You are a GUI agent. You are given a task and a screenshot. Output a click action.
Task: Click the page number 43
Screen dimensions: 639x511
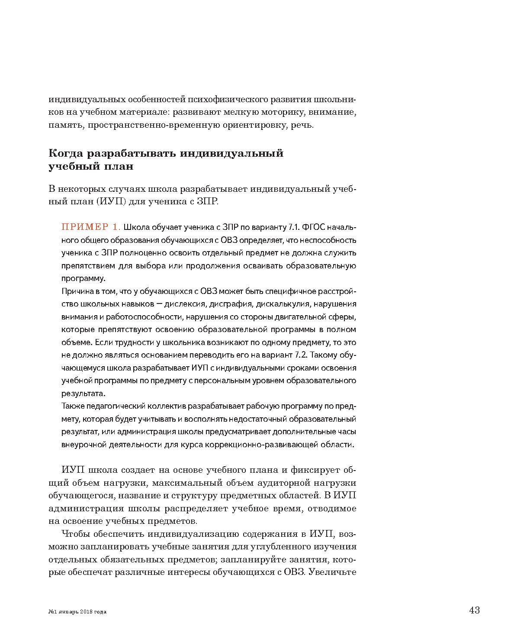(474, 610)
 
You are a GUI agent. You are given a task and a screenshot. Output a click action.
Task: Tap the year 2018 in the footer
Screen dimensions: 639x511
(86, 611)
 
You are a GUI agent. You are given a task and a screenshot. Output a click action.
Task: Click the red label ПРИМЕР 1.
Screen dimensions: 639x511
(91, 227)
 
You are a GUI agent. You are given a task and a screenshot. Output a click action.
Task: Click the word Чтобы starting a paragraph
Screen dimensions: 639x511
(75, 533)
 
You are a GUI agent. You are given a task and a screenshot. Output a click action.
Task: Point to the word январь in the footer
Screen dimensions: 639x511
(68, 611)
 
